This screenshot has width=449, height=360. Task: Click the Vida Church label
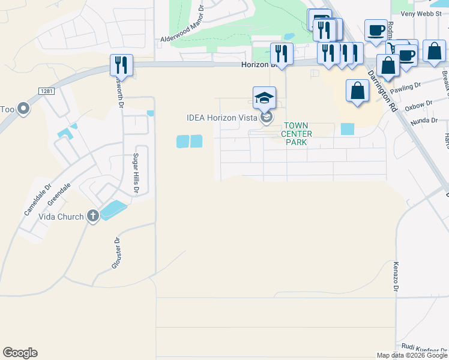(x=61, y=217)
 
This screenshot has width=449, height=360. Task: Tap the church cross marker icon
(x=92, y=216)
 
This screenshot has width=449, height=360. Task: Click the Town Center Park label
(x=297, y=134)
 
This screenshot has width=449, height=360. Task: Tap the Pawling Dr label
(x=405, y=88)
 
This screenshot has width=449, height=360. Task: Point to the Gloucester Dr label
(x=118, y=252)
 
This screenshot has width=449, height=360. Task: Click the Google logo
(x=20, y=353)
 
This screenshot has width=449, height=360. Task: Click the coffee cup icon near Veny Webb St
(x=376, y=29)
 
